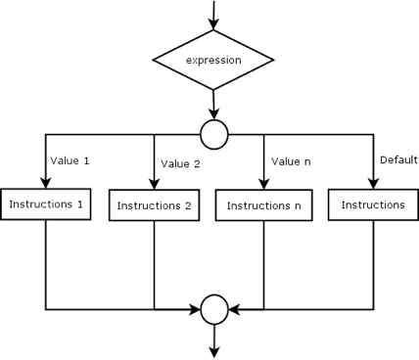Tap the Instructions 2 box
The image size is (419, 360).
point(154,205)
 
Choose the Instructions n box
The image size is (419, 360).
point(263,205)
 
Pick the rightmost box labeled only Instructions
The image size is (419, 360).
point(373,204)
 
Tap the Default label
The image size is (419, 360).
point(397,159)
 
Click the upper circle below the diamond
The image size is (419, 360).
point(213,130)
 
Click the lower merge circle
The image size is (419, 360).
point(213,308)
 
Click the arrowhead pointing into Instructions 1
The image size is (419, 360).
point(45,181)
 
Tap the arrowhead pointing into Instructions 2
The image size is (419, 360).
point(154,183)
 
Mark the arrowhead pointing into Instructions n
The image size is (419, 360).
point(263,183)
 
